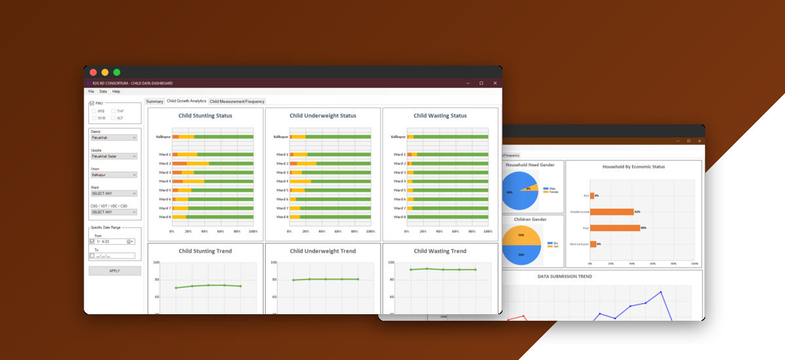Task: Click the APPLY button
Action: tap(114, 271)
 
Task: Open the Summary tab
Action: tap(154, 101)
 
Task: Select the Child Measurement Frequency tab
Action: tap(237, 101)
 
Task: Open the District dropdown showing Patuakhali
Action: tap(114, 137)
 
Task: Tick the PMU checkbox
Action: tap(92, 103)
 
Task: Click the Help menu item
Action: tap(116, 92)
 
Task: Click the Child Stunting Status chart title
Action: tap(205, 116)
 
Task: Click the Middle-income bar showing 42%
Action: tap(612, 212)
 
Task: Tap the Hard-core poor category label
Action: tap(580, 244)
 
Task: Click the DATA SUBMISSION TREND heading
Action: tap(565, 276)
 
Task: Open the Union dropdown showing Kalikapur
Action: tap(114, 175)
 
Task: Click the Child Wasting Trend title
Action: tap(440, 251)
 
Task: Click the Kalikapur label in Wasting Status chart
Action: tap(398, 137)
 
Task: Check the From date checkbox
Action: tap(92, 242)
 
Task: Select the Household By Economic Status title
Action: tap(633, 167)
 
